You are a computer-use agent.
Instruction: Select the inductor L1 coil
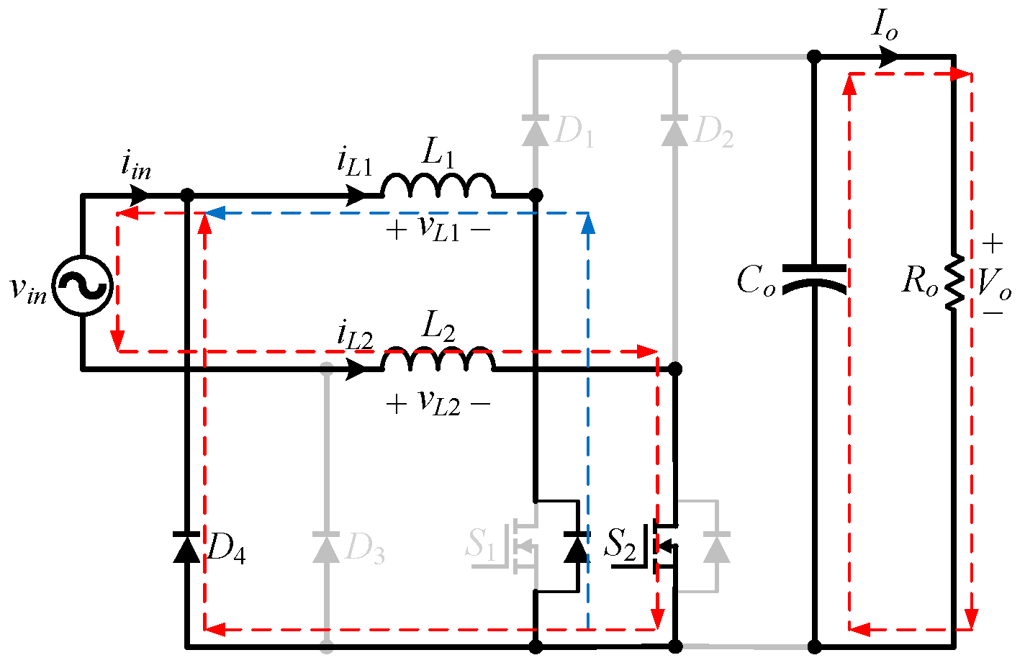(438, 186)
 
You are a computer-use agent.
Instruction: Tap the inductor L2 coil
(438, 360)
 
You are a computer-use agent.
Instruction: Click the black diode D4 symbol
(186, 548)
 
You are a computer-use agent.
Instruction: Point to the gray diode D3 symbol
(326, 548)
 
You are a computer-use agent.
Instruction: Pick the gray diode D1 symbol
(535, 131)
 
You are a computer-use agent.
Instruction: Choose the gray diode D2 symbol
(674, 131)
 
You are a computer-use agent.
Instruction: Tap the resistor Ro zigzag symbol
(954, 282)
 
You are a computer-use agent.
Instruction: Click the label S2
(620, 544)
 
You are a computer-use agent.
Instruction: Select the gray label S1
(480, 544)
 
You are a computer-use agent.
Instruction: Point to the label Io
(885, 25)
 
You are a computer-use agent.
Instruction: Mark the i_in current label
(135, 166)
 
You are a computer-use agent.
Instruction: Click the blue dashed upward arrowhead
(588, 225)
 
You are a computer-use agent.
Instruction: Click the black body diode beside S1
(577, 548)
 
